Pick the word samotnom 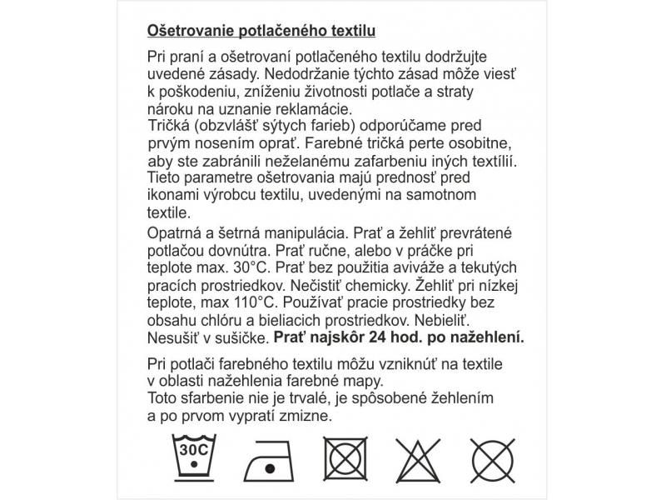pos(446,194)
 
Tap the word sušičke pos(240,337)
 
